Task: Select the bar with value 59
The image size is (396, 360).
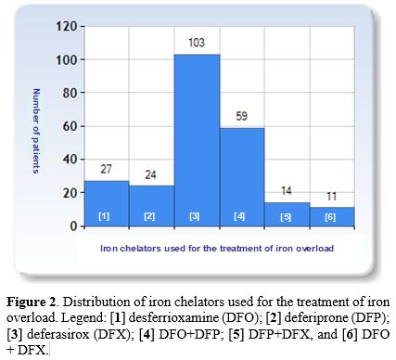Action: pyautogui.click(x=242, y=176)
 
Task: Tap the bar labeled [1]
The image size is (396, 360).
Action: pyautogui.click(x=106, y=203)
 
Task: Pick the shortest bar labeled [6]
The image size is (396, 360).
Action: pyautogui.click(x=332, y=216)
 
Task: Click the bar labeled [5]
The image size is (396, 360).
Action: pyautogui.click(x=287, y=214)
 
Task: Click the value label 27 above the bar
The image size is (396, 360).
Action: pyautogui.click(x=106, y=170)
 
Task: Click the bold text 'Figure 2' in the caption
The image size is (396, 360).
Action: pyautogui.click(x=34, y=302)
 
